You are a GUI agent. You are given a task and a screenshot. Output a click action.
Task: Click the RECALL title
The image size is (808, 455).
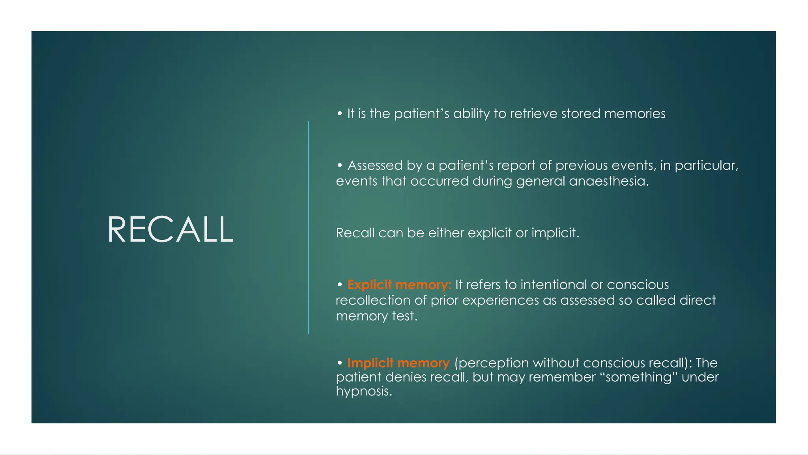click(170, 229)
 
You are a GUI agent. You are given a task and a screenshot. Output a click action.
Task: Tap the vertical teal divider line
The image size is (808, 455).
click(308, 227)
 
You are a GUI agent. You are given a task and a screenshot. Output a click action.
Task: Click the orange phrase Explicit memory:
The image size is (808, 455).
click(399, 285)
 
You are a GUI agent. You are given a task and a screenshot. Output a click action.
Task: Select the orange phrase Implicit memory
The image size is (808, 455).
click(398, 363)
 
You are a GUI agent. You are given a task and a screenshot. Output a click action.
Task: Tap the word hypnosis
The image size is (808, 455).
click(363, 391)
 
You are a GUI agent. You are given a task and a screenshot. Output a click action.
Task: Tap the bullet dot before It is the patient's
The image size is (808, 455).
click(340, 114)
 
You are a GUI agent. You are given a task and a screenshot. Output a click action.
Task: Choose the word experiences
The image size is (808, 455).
click(500, 301)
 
